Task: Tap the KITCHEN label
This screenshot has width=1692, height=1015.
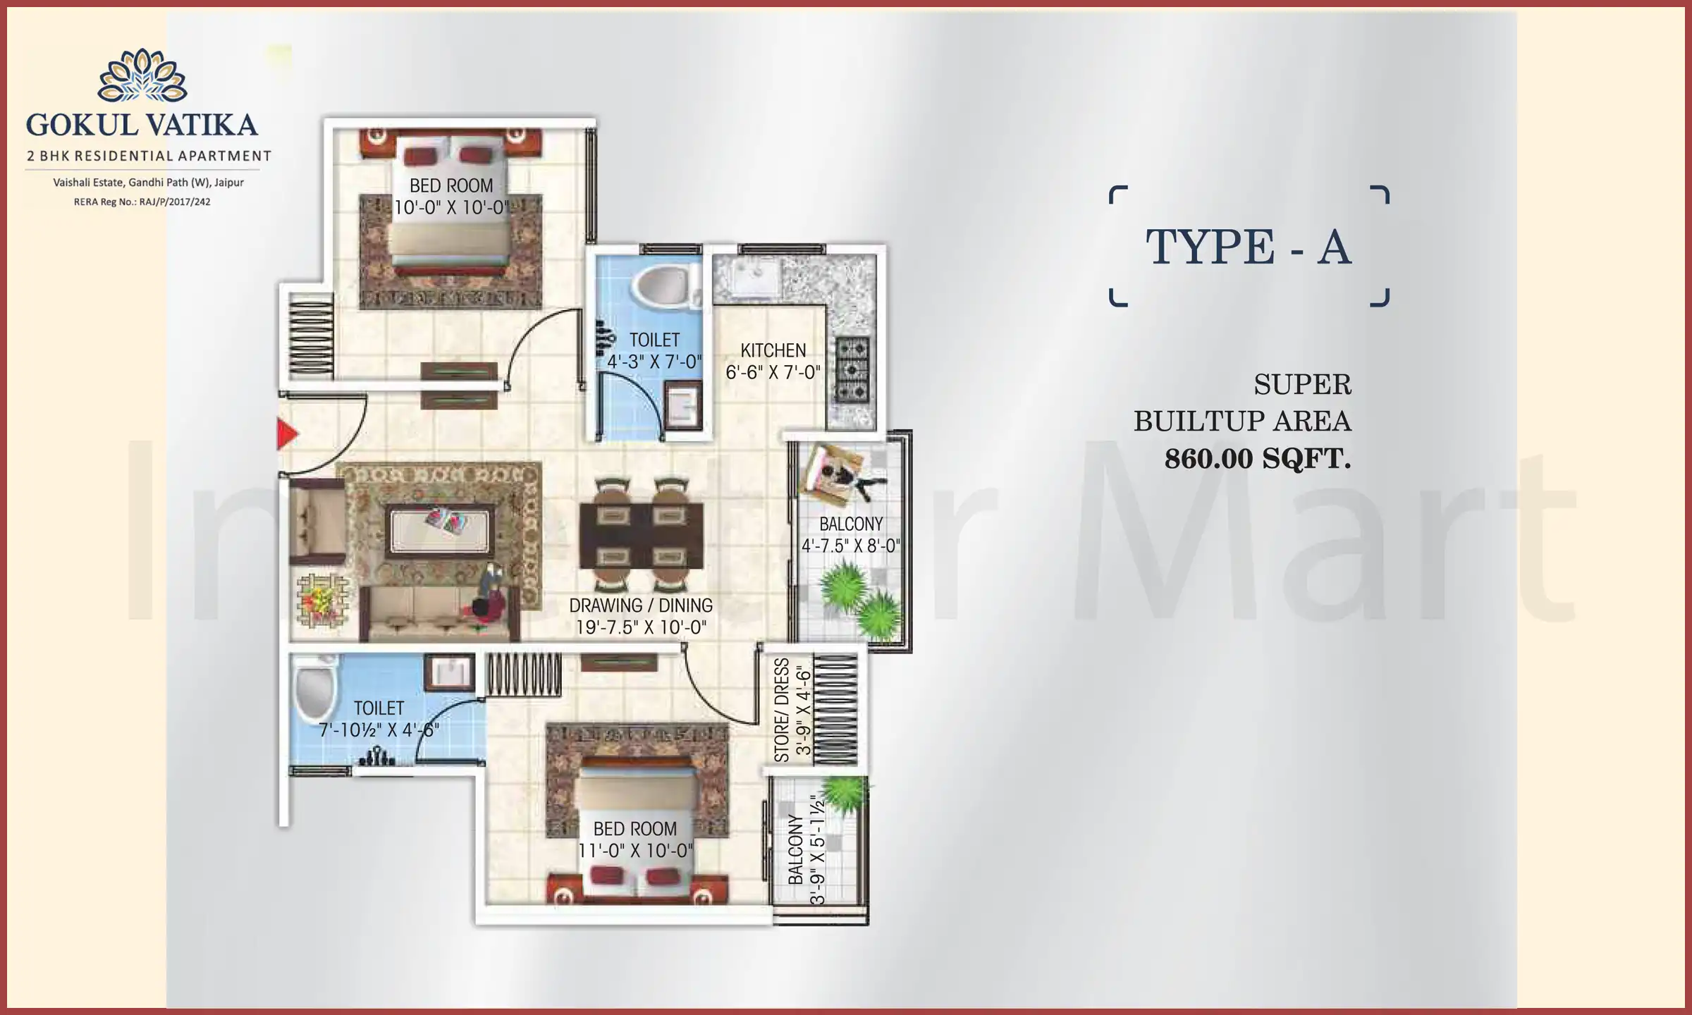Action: [x=773, y=350]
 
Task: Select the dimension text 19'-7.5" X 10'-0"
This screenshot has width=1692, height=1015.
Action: [x=641, y=627]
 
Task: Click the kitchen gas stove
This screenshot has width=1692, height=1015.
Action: [x=852, y=369]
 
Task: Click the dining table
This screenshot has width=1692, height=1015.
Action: [x=641, y=535]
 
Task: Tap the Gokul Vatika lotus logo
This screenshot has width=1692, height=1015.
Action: [x=142, y=76]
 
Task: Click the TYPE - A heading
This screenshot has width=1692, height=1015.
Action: [x=1248, y=247]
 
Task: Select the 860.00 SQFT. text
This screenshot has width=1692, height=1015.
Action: [x=1257, y=459]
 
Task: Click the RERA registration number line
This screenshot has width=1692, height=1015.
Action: [x=142, y=202]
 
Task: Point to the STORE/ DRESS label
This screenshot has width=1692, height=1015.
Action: [x=781, y=710]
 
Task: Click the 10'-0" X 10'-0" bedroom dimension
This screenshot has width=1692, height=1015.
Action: [x=452, y=207]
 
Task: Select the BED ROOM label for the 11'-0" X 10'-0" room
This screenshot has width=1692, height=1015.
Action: [x=634, y=829]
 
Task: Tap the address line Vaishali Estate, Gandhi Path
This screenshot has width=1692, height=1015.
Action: [x=148, y=183]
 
